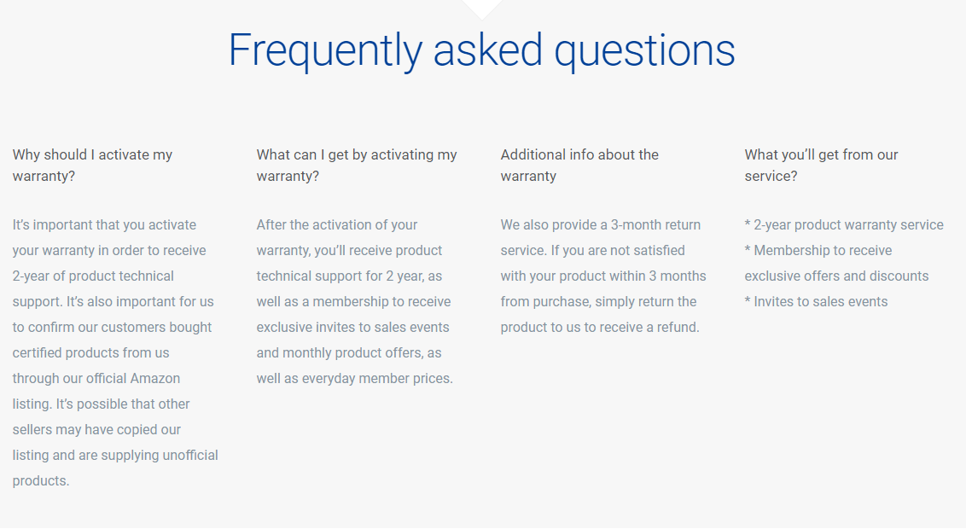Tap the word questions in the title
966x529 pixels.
tap(644, 50)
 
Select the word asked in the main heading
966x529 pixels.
tap(488, 49)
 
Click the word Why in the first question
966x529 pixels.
tap(26, 154)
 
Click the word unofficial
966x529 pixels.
tap(190, 455)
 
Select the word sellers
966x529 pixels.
tap(32, 430)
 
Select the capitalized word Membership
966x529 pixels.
tap(792, 251)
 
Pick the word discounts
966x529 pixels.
tap(897, 276)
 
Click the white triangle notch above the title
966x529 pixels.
tap(482, 8)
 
